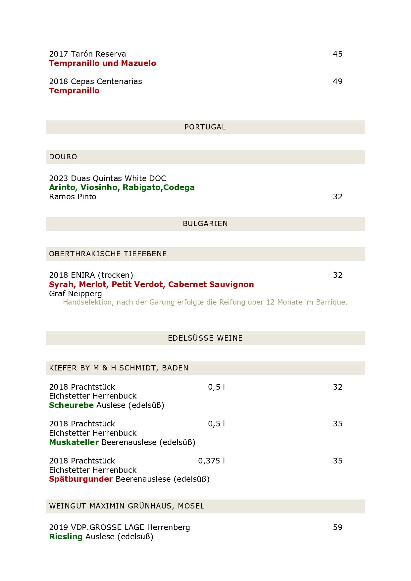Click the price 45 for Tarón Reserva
click(337, 54)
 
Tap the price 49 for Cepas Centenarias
click(337, 81)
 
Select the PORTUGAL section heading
click(205, 127)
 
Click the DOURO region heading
click(63, 157)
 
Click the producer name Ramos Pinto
click(73, 197)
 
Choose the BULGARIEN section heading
click(205, 224)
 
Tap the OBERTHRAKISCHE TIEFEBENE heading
click(108, 254)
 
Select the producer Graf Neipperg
click(76, 294)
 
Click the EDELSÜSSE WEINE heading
click(205, 338)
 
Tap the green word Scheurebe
click(71, 405)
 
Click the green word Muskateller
click(74, 442)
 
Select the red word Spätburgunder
click(81, 479)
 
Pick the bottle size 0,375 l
click(211, 461)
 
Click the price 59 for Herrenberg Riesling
click(337, 527)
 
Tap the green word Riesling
click(66, 537)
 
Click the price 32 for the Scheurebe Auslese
click(337, 387)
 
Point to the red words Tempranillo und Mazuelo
click(102, 63)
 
